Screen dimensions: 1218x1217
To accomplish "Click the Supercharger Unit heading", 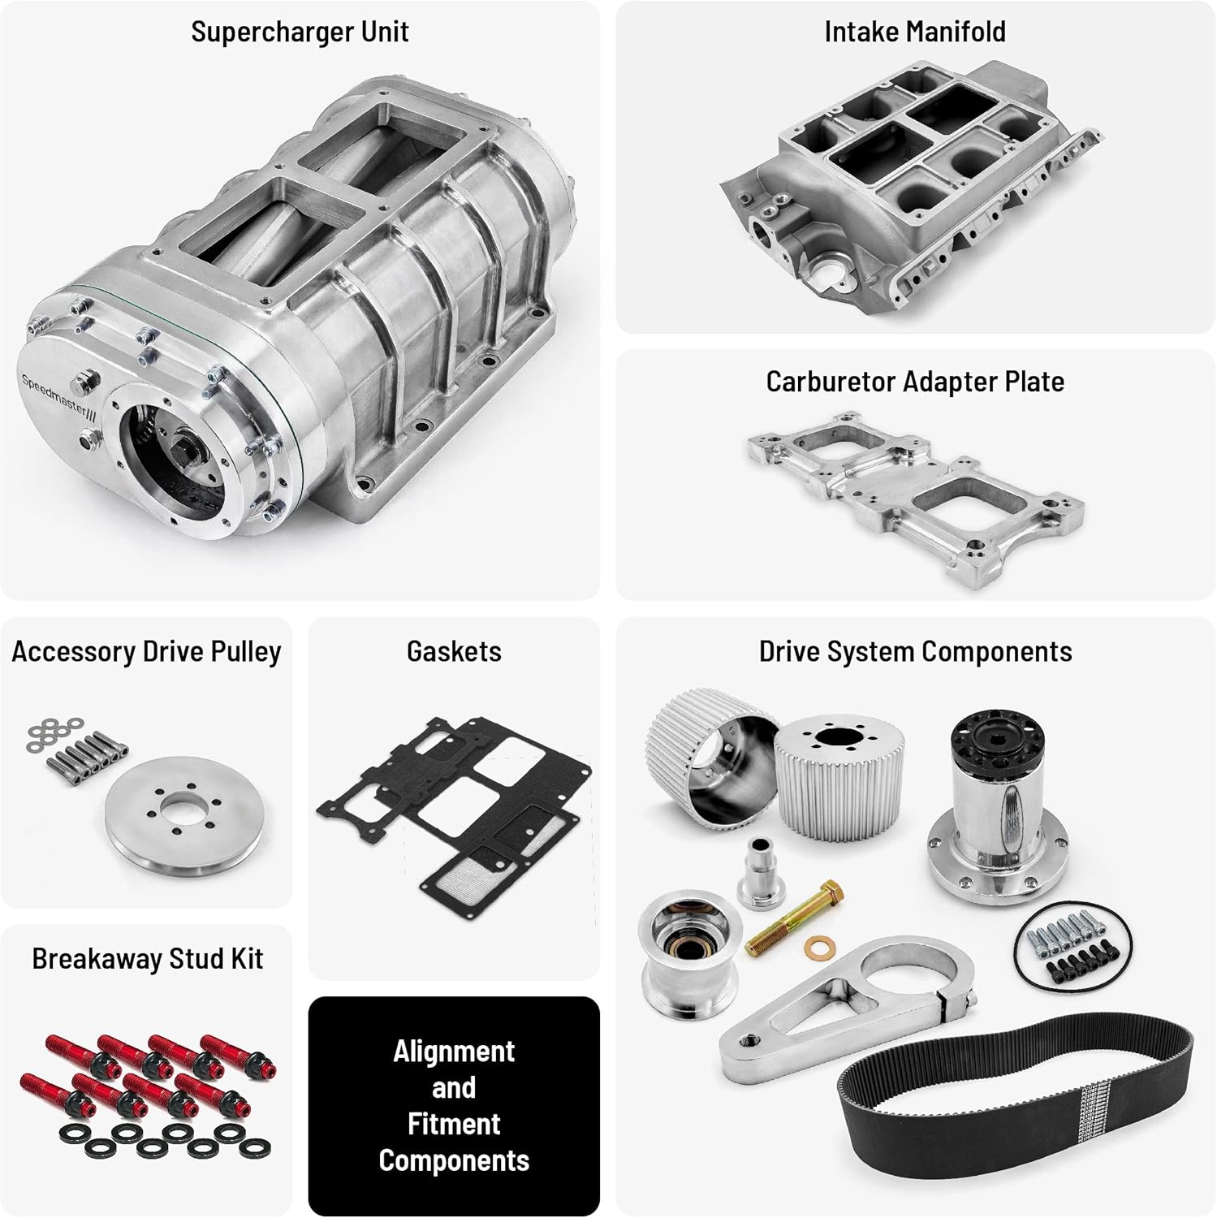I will (300, 32).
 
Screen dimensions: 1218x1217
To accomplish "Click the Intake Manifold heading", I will (915, 32).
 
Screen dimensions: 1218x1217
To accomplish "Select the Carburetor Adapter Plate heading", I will (915, 382).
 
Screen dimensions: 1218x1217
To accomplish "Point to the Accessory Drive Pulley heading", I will (146, 652).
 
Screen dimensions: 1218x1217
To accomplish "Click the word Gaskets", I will (454, 652).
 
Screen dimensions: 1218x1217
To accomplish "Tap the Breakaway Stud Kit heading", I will (147, 959).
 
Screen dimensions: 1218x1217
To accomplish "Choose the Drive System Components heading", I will (915, 652).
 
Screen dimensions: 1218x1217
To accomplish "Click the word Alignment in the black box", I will (454, 1052).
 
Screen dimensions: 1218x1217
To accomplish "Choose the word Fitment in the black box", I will (454, 1125).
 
